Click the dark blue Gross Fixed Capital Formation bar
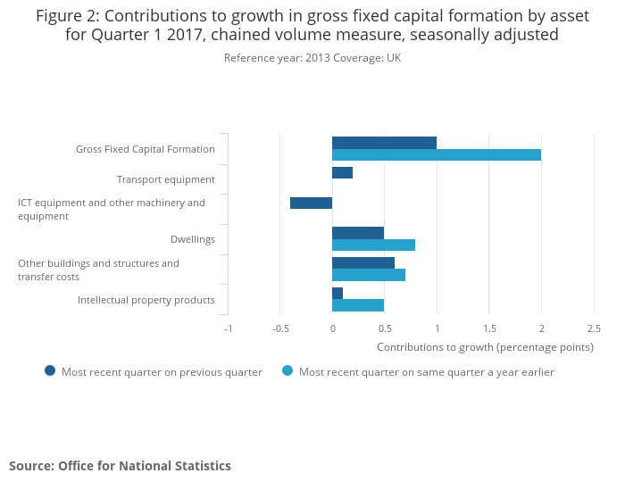coord(384,143)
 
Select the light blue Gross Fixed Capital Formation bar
coord(437,154)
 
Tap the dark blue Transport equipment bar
coord(342,173)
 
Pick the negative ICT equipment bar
coord(311,203)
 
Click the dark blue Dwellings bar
coord(358,233)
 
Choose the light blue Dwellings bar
coord(373,245)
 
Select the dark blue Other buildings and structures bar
coord(363,263)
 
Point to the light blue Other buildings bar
coord(369,275)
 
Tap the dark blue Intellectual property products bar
coord(337,293)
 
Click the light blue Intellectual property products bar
coord(358,304)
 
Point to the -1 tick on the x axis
coord(229,328)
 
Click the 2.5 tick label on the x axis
coord(594,328)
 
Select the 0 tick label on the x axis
coord(332,328)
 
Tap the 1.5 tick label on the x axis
coord(489,328)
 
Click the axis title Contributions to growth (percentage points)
coord(485,346)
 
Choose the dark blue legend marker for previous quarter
coord(50,371)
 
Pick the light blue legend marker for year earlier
coord(287,371)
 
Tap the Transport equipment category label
coord(165,179)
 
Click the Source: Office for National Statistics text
coord(120,466)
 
